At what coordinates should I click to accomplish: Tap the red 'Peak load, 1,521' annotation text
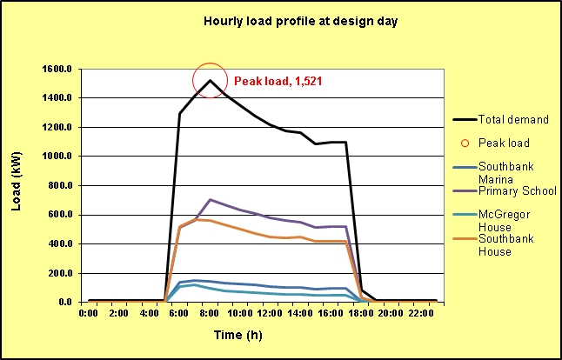286,81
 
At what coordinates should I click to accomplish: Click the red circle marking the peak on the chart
211,81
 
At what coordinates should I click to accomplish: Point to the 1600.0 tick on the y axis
56,69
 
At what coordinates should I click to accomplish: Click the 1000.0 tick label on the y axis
56,157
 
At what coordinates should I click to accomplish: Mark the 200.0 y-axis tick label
58,273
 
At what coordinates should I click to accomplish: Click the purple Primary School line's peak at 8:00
211,199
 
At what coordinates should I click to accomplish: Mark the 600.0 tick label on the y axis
58,215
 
